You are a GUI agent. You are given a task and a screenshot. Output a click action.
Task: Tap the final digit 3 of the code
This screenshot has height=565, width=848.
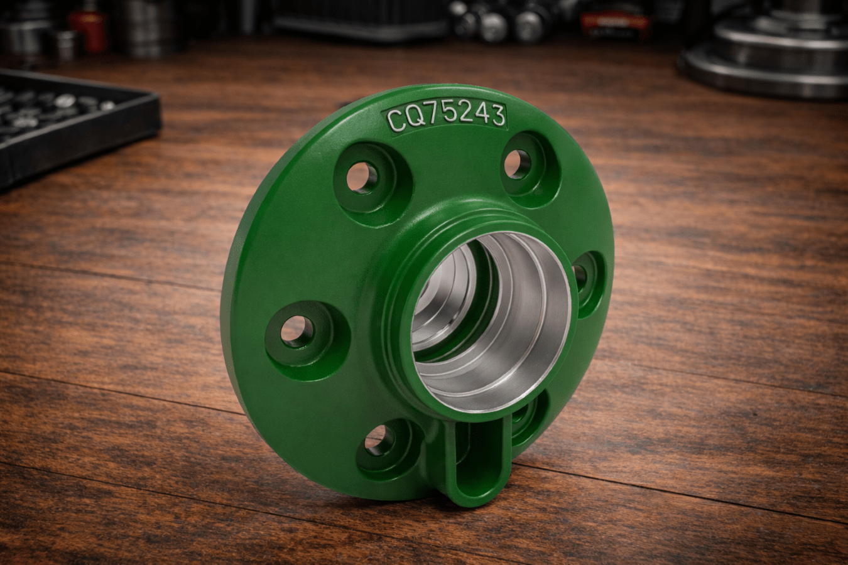(x=496, y=115)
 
